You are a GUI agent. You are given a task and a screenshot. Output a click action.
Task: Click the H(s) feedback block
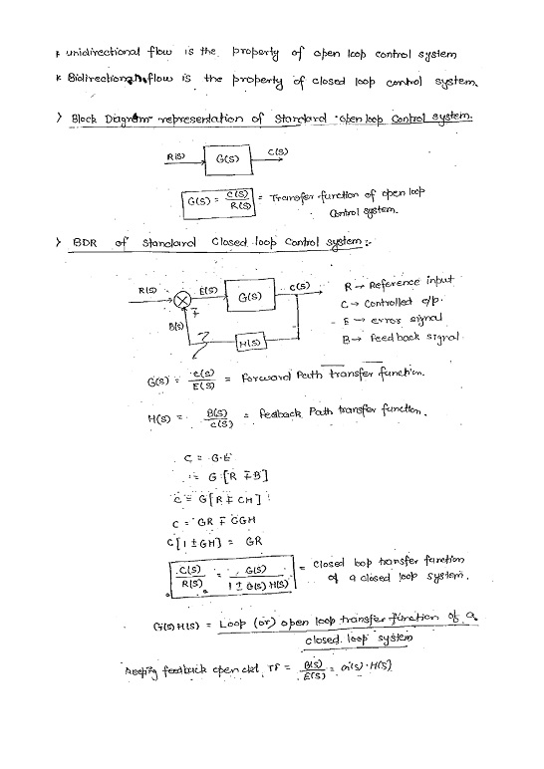249,343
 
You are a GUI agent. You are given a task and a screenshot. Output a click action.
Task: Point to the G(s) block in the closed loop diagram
249,296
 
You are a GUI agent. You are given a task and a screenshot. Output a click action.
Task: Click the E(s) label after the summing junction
209,289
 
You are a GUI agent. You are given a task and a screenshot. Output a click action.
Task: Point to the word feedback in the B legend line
397,339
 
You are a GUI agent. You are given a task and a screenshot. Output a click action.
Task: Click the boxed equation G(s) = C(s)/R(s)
220,202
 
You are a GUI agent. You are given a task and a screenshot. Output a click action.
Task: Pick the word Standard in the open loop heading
273,120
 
